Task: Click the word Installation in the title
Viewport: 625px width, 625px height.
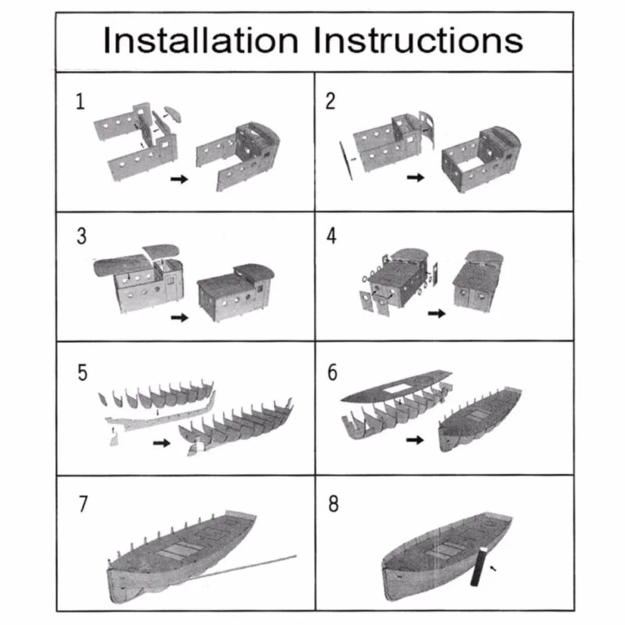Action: (x=201, y=40)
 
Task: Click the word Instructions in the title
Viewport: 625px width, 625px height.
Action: (x=418, y=40)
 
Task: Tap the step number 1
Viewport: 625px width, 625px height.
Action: (x=80, y=101)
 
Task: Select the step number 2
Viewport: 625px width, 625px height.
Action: (x=331, y=101)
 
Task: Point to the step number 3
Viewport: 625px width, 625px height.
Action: (x=81, y=236)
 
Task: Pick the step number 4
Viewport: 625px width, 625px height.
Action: (x=331, y=236)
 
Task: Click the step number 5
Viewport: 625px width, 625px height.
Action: (x=82, y=372)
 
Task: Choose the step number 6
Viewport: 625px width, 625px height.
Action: (x=332, y=372)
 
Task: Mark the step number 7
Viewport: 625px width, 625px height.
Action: (x=83, y=504)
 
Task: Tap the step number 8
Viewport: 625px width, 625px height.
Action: (x=334, y=504)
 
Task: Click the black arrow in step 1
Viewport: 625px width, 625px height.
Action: (x=179, y=179)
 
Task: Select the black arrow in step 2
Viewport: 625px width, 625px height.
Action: (x=416, y=177)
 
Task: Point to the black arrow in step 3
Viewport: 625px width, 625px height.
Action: (x=179, y=317)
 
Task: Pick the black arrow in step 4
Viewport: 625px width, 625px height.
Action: (x=436, y=314)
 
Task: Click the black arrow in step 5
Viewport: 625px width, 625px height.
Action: (x=162, y=443)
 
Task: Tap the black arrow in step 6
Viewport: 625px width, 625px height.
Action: (x=415, y=440)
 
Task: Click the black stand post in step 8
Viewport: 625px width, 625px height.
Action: (x=478, y=566)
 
